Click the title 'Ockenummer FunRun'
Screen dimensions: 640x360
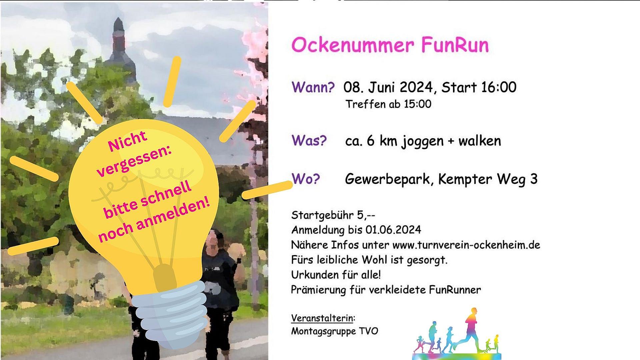click(390, 45)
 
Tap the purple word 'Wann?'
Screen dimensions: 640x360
click(313, 87)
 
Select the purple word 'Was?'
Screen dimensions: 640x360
click(309, 140)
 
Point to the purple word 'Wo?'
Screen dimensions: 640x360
click(306, 179)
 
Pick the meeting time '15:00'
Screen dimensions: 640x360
click(417, 104)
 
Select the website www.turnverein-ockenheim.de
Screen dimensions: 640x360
click(466, 245)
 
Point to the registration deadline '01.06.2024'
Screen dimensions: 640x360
click(393, 230)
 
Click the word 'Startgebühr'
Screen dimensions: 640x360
click(322, 215)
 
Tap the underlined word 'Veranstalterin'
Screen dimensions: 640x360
click(322, 318)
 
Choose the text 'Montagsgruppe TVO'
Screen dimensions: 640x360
click(335, 331)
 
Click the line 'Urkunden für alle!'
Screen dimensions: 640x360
click(336, 275)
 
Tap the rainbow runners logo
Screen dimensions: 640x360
click(457, 333)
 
